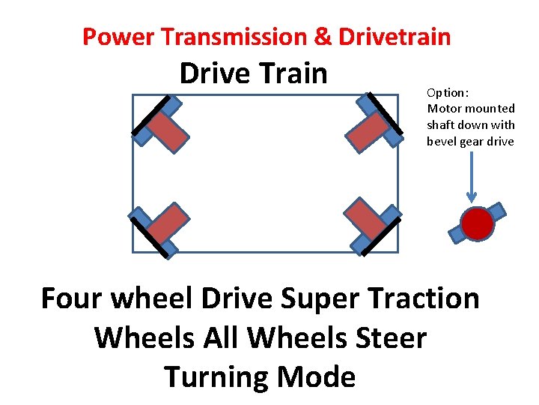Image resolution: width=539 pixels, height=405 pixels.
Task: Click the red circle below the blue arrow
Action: pyautogui.click(x=477, y=223)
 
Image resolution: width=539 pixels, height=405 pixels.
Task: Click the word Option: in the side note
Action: pyautogui.click(x=448, y=93)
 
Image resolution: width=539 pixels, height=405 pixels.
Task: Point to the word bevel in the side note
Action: pyautogui.click(x=441, y=141)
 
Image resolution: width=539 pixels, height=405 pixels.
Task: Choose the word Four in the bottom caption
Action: pyautogui.click(x=70, y=298)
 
